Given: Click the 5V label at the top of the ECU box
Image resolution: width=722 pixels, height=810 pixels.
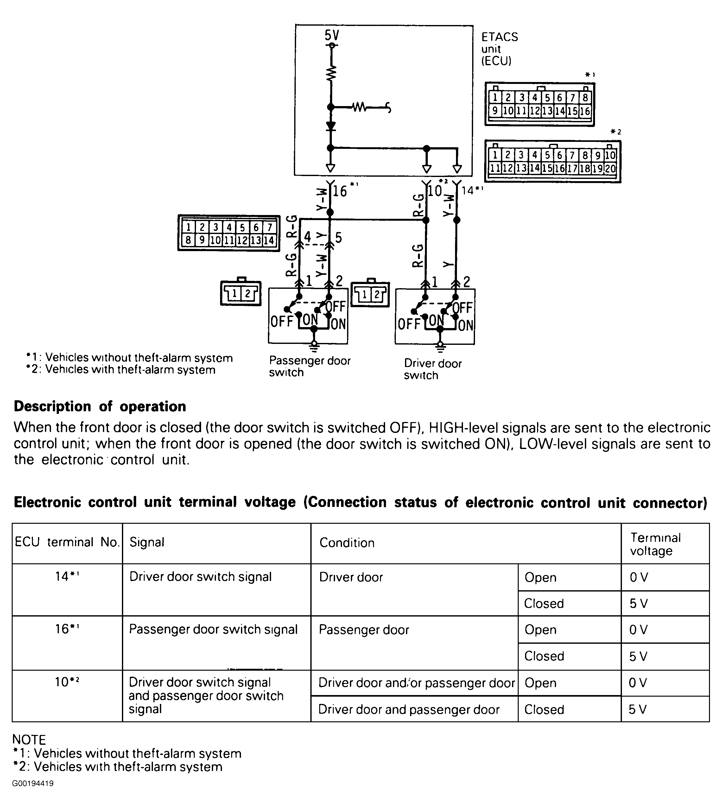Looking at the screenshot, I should point(332,36).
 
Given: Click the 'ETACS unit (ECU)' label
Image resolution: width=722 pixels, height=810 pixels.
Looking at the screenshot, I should point(499,49).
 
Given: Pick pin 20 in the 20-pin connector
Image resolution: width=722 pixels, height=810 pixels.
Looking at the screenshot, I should point(610,168).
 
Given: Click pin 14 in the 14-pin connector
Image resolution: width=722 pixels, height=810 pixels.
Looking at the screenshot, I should point(269,240).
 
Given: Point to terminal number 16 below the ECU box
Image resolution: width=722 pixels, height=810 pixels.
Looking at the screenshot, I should point(339,191).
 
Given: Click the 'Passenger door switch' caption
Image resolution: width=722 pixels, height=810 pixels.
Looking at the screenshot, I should point(309,366).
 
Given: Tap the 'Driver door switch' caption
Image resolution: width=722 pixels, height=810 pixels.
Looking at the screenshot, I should point(432,369).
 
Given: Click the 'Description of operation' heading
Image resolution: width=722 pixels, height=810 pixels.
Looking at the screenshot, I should point(100,407).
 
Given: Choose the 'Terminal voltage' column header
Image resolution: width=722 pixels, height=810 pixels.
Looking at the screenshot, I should point(655,544).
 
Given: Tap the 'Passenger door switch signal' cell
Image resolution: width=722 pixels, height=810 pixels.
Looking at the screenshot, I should point(213,630).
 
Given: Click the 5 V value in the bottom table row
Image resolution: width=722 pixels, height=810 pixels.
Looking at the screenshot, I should point(637,709).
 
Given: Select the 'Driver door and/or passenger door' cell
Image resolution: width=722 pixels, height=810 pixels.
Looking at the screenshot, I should point(416,683).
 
